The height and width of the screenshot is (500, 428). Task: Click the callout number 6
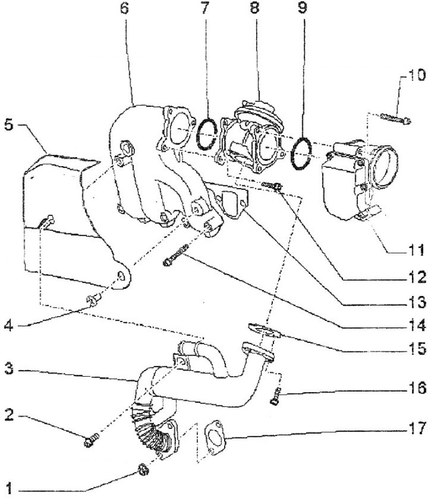(x=124, y=8)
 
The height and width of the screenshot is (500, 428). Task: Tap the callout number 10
(x=416, y=75)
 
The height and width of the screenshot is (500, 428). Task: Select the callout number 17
(x=417, y=428)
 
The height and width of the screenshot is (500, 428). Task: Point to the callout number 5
(x=9, y=124)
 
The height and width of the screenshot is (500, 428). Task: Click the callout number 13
(x=417, y=302)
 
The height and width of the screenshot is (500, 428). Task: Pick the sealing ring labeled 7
(x=207, y=134)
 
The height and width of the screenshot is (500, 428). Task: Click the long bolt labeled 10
(x=396, y=119)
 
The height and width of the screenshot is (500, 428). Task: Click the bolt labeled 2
(x=91, y=440)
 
